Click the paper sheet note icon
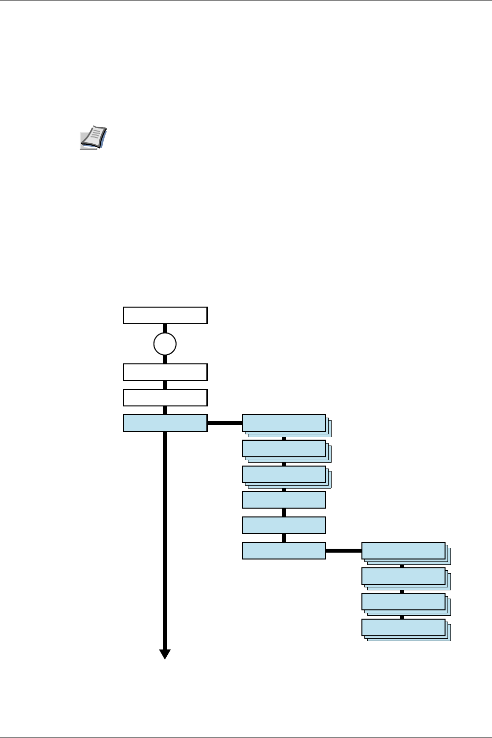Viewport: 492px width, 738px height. [93, 137]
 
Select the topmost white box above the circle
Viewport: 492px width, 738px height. [165, 315]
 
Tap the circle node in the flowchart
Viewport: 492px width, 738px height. [165, 344]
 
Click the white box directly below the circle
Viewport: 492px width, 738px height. [165, 372]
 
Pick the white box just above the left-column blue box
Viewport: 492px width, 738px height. [165, 398]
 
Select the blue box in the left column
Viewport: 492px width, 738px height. [165, 423]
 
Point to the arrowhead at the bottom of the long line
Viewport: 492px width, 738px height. [165, 654]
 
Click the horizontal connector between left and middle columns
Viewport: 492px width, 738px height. [225, 423]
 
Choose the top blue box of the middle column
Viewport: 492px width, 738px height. [284, 423]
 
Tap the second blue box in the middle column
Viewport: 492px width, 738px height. [284, 448]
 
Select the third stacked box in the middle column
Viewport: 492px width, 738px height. [284, 474]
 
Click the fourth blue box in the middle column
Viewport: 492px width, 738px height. [284, 500]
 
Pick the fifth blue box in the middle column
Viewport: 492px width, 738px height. [284, 525]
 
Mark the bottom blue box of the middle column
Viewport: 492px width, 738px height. [284, 551]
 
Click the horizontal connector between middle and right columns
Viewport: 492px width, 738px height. [344, 551]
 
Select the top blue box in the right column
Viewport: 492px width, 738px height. [403, 551]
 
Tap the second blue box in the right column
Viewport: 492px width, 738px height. [403, 576]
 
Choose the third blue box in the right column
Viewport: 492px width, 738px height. [403, 602]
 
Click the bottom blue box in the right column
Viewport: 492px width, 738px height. [403, 627]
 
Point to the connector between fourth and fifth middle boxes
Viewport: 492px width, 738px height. [284, 513]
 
